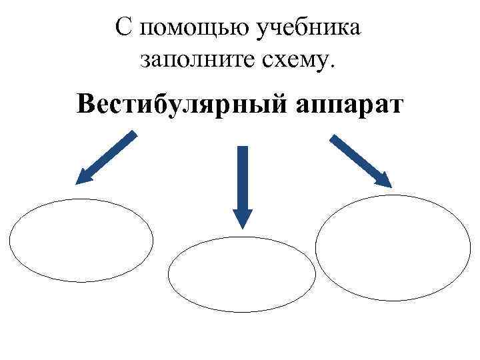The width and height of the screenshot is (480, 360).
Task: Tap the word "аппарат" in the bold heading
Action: pyautogui.click(x=345, y=105)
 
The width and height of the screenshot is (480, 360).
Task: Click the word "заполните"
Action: pyautogui.click(x=186, y=61)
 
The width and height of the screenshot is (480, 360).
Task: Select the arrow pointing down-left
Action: pyautogui.click(x=107, y=157)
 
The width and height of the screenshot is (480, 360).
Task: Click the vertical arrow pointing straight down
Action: pyautogui.click(x=243, y=187)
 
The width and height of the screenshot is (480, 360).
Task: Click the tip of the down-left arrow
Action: pyautogui.click(x=77, y=183)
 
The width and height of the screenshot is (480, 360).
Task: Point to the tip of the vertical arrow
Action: pyautogui.click(x=243, y=227)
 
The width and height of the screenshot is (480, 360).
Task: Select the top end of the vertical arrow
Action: pyautogui.click(x=243, y=147)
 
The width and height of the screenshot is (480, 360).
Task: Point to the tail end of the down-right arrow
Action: pyautogui.click(x=333, y=137)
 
